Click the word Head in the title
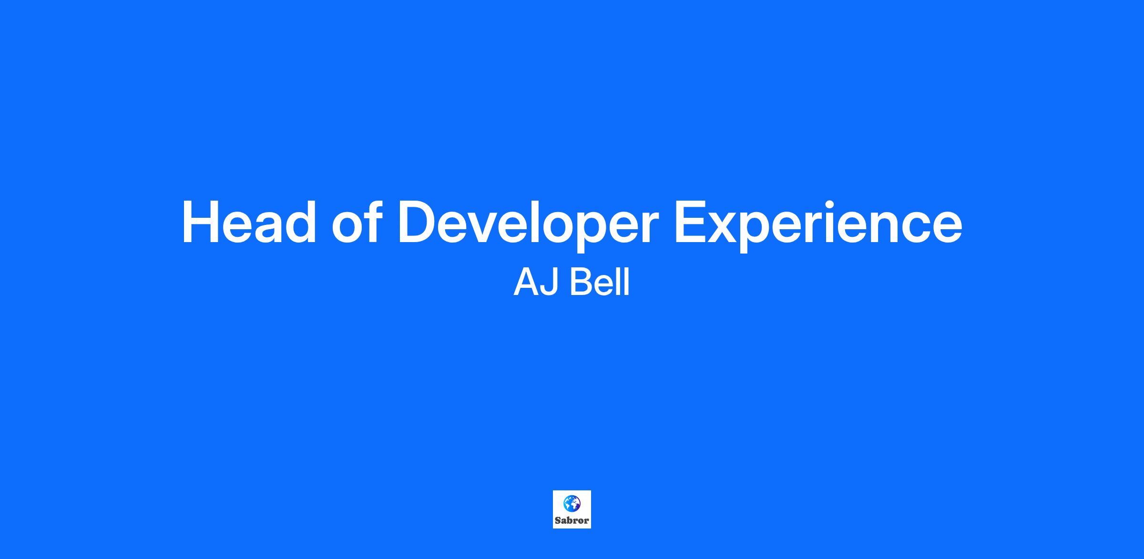249,223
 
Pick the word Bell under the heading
600,282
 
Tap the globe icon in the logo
572,503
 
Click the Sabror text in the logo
572,520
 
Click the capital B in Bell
581,282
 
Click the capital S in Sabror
558,520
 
